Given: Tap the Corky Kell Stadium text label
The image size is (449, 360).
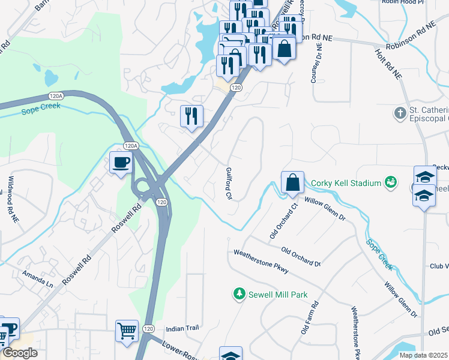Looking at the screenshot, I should [346, 183].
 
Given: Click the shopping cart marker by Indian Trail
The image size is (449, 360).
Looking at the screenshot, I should [127, 331].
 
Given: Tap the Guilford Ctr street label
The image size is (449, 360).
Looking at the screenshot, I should [229, 184].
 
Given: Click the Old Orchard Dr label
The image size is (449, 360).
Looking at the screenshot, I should [301, 256].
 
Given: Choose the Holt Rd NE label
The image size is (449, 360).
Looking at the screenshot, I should [388, 65].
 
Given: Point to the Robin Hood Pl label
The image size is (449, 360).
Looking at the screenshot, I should [402, 2].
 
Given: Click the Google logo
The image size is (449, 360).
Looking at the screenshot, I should [19, 352].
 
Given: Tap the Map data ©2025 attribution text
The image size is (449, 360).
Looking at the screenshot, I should [423, 355].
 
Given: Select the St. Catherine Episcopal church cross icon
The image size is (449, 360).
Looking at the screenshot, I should [400, 113].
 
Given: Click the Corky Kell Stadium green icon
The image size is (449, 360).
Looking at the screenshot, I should [391, 182].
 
